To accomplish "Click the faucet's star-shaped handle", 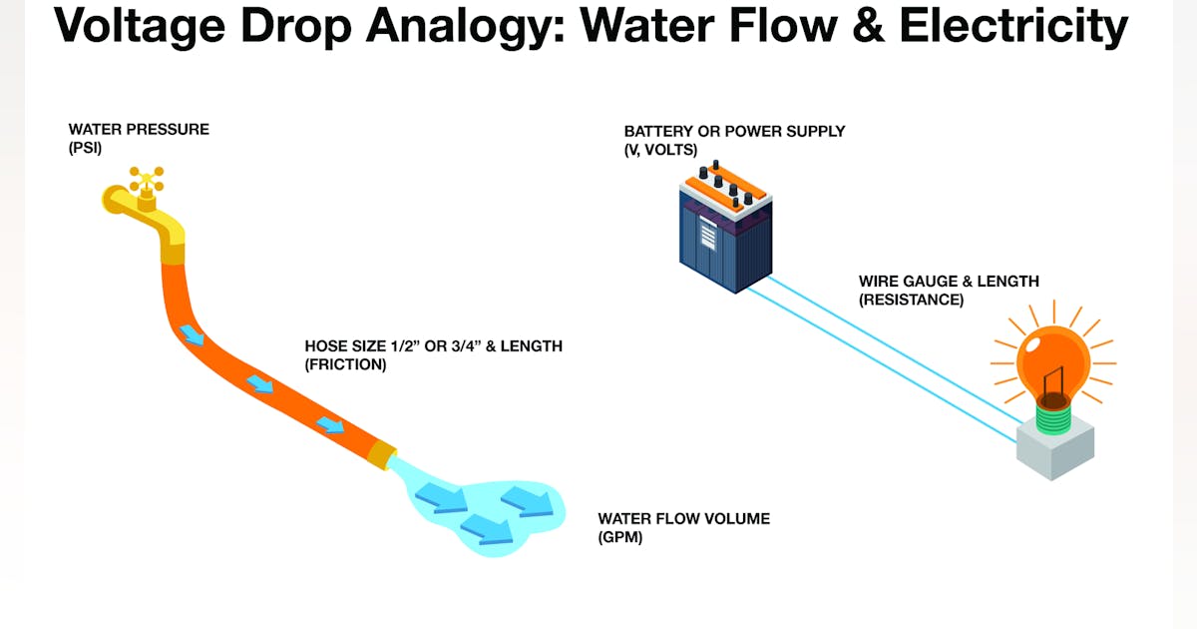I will click(147, 180).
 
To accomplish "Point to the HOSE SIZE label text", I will click(433, 346).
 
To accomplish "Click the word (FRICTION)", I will click(345, 364).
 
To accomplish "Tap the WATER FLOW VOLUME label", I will click(683, 519).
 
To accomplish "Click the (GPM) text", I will click(620, 537).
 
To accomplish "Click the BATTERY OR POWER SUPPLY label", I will click(734, 132).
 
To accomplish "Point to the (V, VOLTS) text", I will click(660, 150).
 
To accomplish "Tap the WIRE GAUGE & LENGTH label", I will click(949, 282).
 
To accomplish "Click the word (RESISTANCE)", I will click(911, 300).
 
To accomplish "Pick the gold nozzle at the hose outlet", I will click(382, 455).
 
